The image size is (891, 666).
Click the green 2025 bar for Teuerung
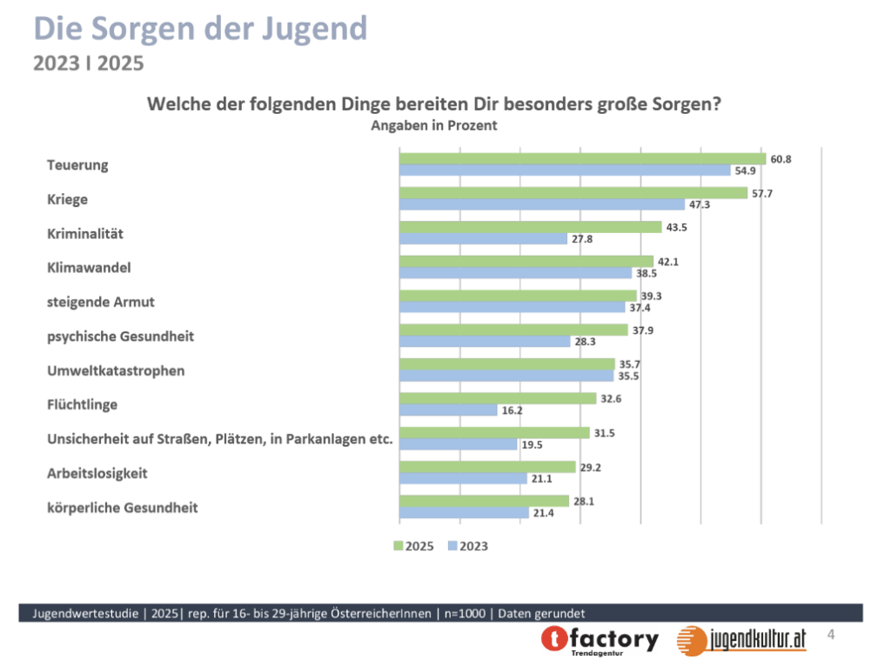tap(582, 158)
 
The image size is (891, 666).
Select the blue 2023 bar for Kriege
tap(542, 204)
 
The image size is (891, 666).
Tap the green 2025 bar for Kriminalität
tap(530, 227)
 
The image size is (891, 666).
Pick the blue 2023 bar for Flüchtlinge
tap(448, 410)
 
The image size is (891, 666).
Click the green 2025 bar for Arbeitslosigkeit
tap(487, 467)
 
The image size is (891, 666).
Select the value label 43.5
tap(676, 227)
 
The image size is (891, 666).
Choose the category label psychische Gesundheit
tap(120, 336)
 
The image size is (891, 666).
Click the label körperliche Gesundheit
tap(122, 507)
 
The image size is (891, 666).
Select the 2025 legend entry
tap(413, 546)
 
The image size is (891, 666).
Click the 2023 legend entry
tap(467, 546)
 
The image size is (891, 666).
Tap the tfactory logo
tap(600, 640)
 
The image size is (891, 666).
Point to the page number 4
tap(831, 635)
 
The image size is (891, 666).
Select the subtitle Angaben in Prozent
tap(433, 125)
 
